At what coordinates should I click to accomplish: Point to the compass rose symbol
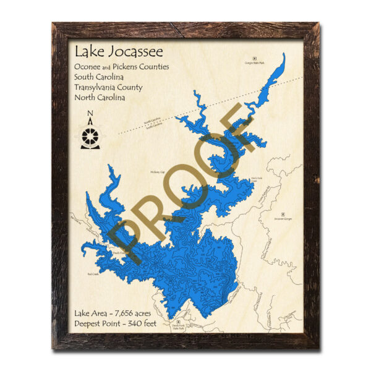[90, 136]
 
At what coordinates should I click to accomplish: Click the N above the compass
[90, 113]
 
